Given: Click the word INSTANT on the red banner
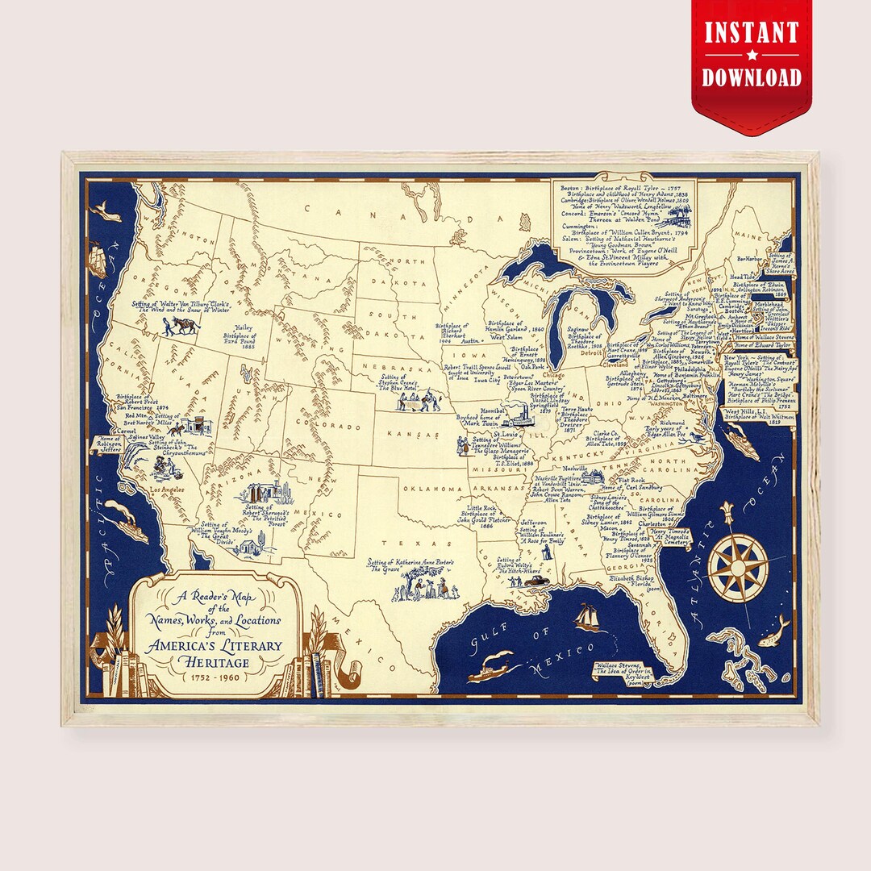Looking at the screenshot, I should coord(752,35).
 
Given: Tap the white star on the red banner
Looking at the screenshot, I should coord(752,56).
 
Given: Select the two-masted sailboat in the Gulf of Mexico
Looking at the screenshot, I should coord(587,618).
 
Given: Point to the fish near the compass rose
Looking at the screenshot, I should coord(778,628).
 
